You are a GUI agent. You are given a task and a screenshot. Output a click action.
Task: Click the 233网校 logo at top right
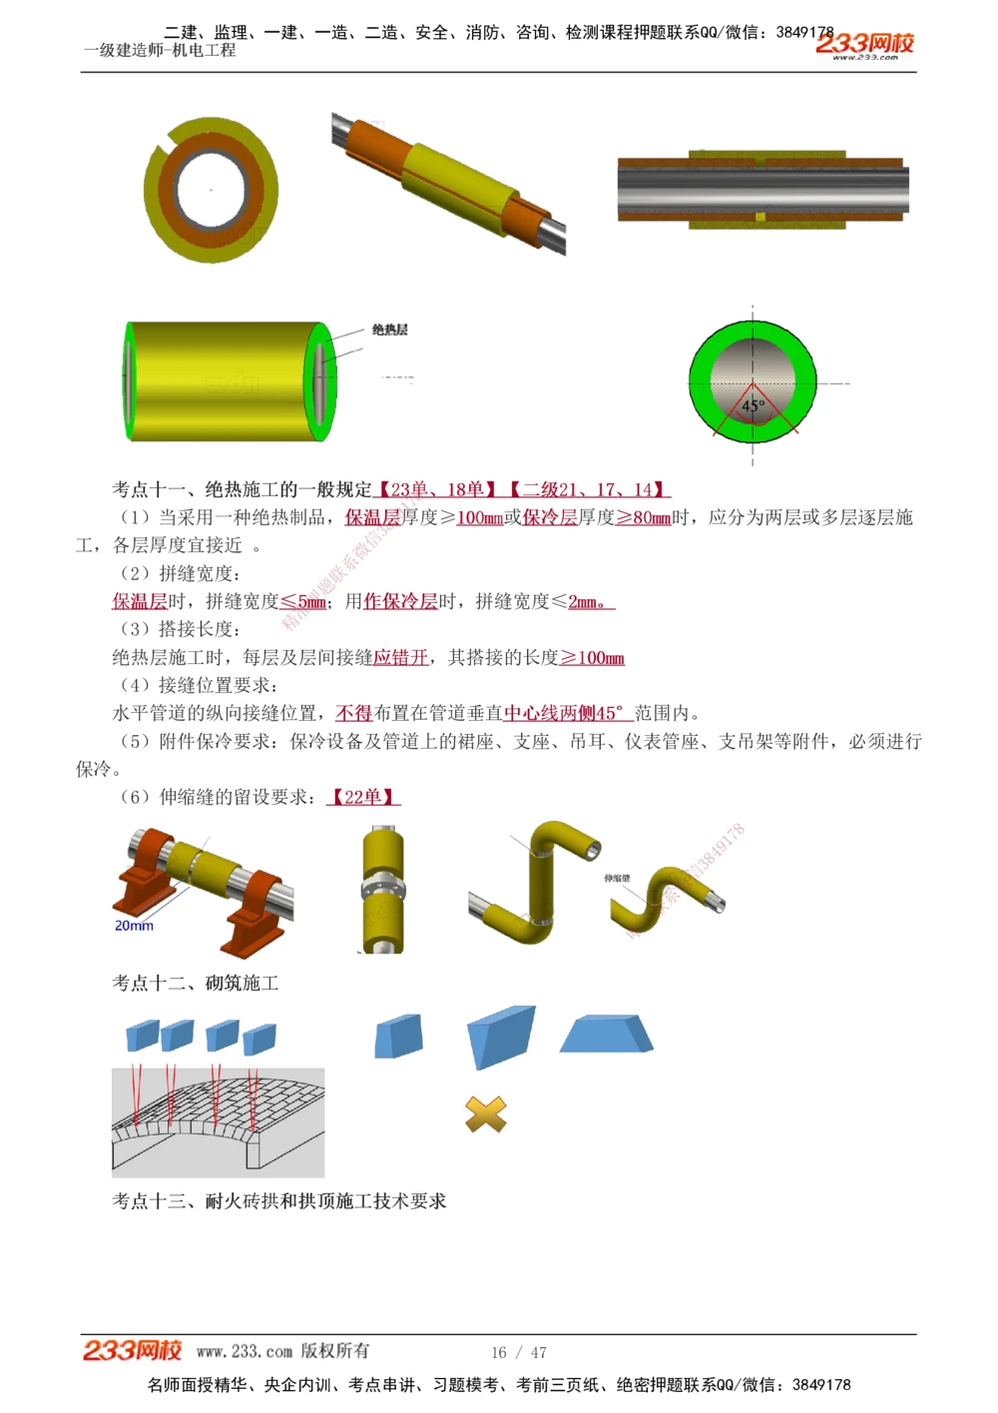[864, 45]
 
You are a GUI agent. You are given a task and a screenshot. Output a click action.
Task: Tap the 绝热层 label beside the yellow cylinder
[389, 330]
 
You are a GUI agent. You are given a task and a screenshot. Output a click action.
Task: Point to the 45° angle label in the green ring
[752, 405]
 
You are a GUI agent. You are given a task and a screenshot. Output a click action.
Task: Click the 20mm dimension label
[134, 926]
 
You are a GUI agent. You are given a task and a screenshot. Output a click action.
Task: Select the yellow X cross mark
[486, 1113]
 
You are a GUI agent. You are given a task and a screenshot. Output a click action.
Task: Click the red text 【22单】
[363, 797]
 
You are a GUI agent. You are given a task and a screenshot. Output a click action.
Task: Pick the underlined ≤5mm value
[303, 602]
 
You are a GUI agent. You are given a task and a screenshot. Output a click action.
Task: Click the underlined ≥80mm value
[643, 518]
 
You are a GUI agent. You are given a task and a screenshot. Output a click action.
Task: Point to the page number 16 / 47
[519, 1352]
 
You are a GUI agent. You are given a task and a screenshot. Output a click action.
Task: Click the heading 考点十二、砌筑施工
[196, 984]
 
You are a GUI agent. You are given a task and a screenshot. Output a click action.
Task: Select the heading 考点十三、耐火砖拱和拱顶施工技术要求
[279, 1201]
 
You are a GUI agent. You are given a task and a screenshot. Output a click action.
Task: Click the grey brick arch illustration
[218, 1121]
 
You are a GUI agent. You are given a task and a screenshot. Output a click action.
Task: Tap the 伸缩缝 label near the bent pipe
[617, 878]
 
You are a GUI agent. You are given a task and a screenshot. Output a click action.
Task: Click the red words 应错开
[400, 658]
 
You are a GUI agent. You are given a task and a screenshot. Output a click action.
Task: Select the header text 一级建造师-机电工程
[160, 50]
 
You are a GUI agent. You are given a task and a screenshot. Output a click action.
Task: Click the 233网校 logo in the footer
[132, 1351]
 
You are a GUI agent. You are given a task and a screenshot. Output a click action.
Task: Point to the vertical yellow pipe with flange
[382, 889]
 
